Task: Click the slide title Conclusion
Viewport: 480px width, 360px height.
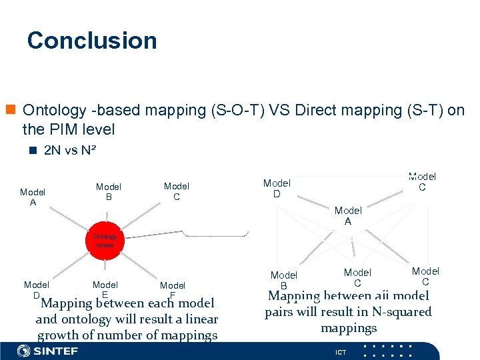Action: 92,41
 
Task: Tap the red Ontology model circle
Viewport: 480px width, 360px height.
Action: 105,241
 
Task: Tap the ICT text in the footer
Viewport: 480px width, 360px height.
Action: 341,352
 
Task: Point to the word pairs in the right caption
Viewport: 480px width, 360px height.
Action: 280,311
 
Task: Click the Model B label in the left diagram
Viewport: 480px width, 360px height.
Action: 109,192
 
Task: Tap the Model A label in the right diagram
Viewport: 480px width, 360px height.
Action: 347,216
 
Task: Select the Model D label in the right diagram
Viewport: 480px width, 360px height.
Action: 277,188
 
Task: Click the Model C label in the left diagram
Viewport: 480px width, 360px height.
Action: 177,191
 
